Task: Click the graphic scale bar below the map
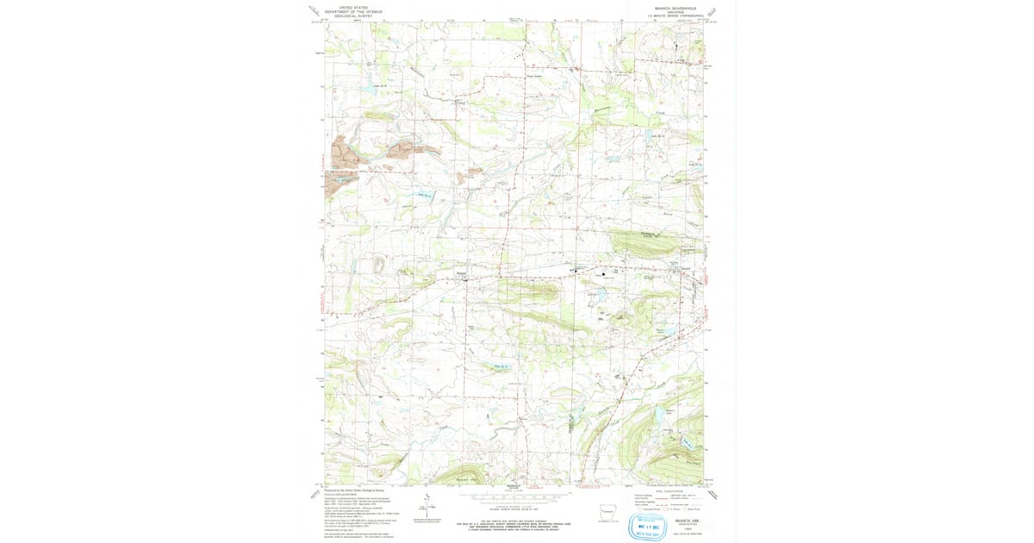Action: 515,496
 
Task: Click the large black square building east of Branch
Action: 615,274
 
